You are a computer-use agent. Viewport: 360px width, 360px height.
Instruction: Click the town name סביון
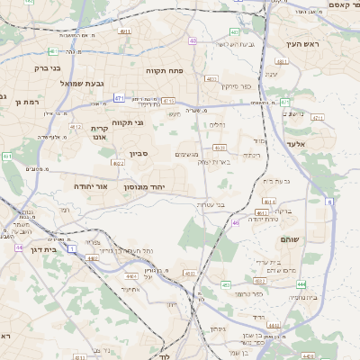[138, 154]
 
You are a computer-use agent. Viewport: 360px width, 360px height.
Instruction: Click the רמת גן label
[14, 102]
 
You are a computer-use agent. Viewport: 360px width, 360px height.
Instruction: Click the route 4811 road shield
[282, 62]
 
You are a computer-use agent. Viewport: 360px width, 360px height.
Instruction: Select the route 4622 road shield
[119, 164]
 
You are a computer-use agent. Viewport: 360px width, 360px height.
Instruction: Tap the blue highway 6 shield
[329, 202]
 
